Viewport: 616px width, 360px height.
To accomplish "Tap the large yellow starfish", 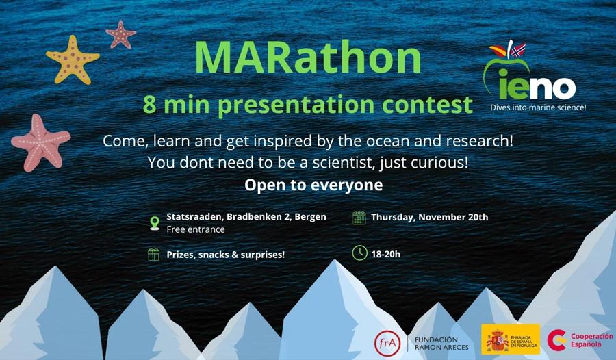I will coord(72,60).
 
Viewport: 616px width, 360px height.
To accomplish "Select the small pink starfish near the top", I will coord(120,34).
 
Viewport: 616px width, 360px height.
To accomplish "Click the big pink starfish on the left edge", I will coord(40,142).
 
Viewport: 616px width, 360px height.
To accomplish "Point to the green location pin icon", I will coord(155,222).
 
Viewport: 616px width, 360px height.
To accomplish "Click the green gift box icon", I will coord(154,255).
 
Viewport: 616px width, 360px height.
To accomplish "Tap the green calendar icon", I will coord(359,218).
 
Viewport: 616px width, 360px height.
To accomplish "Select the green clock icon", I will coord(359,253).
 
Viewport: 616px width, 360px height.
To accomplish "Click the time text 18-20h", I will coord(386,254).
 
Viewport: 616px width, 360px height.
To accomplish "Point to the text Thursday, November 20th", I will coord(429,218).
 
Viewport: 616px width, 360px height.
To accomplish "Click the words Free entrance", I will coord(196,229).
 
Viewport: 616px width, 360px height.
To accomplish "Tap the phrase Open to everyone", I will coord(313,185).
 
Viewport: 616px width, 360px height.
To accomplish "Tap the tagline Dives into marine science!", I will coord(538,107).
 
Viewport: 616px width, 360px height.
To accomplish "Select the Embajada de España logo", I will coord(510,339).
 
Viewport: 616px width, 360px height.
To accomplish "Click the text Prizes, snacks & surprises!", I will coord(226,255).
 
